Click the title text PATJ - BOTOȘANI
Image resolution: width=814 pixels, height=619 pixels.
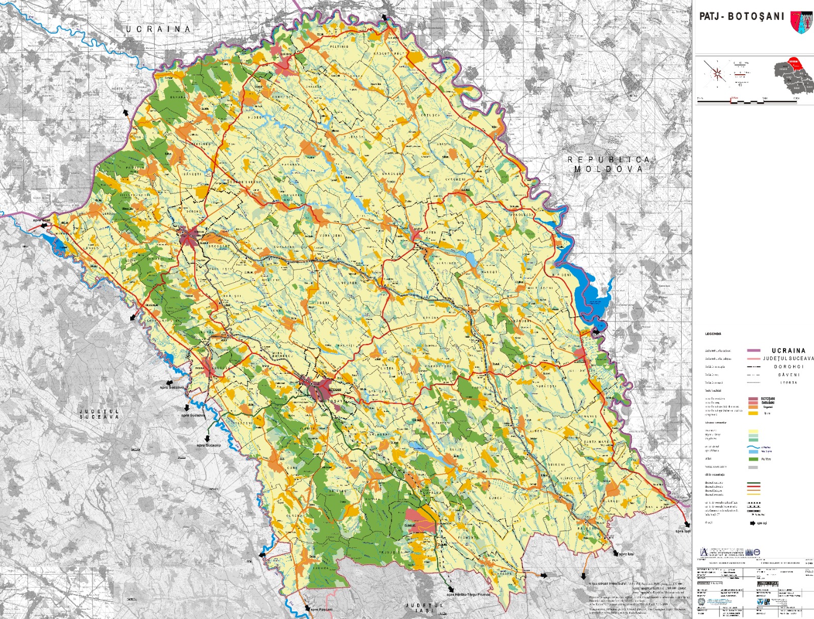click(742, 16)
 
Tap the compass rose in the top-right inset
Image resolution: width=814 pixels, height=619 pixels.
click(717, 74)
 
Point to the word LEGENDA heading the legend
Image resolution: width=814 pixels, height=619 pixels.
click(713, 334)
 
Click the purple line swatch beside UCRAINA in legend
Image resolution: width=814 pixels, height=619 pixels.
click(753, 350)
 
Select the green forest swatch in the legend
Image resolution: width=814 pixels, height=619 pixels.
click(753, 459)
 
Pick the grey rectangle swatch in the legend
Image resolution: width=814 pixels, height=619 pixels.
click(753, 467)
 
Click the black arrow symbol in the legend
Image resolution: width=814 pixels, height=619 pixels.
click(752, 523)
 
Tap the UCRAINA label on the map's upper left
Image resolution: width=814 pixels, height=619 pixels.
click(158, 29)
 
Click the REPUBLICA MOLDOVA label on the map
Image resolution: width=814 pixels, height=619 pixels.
click(608, 164)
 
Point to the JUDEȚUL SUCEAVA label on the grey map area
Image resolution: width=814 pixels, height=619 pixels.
click(99, 414)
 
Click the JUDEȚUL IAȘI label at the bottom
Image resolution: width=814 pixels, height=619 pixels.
click(424, 607)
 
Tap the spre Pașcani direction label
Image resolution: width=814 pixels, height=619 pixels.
click(322, 609)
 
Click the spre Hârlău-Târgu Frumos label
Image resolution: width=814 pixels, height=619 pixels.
click(468, 594)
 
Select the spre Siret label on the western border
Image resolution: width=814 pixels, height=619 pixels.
click(42, 220)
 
